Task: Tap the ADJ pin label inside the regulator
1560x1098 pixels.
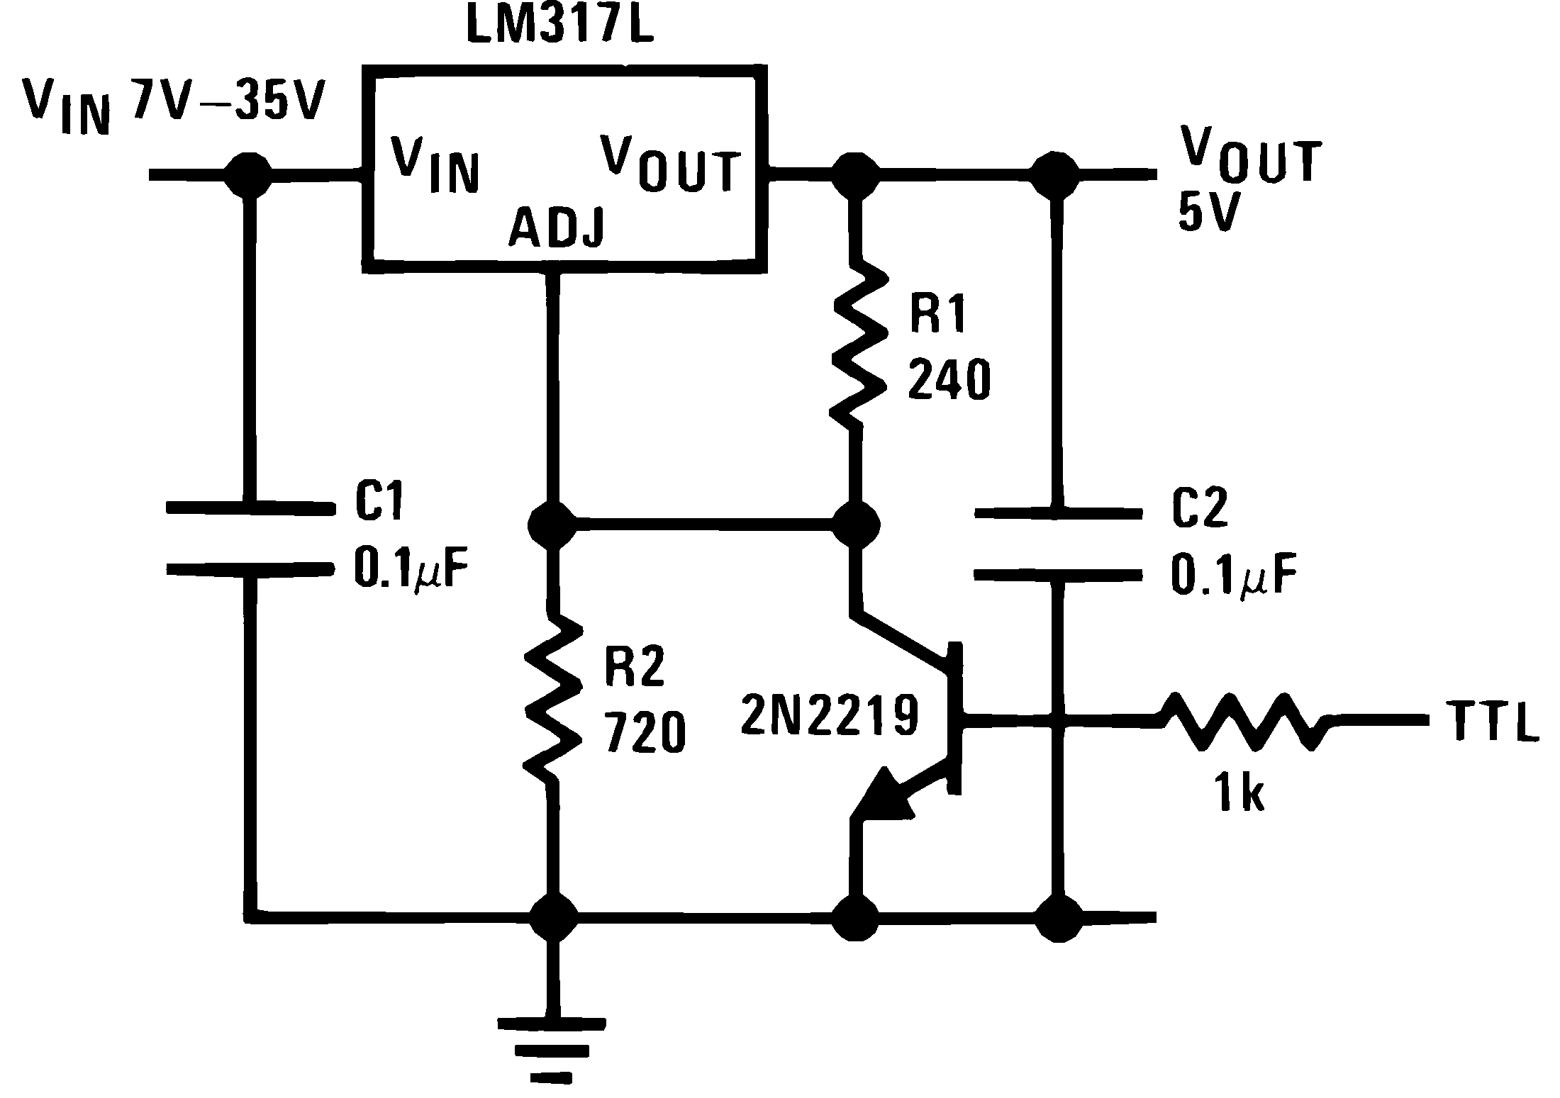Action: (x=557, y=228)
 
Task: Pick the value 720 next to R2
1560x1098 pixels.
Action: (x=645, y=733)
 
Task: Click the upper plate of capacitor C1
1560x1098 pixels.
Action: (x=250, y=507)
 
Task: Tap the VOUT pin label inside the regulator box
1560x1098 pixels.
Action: (x=670, y=163)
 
